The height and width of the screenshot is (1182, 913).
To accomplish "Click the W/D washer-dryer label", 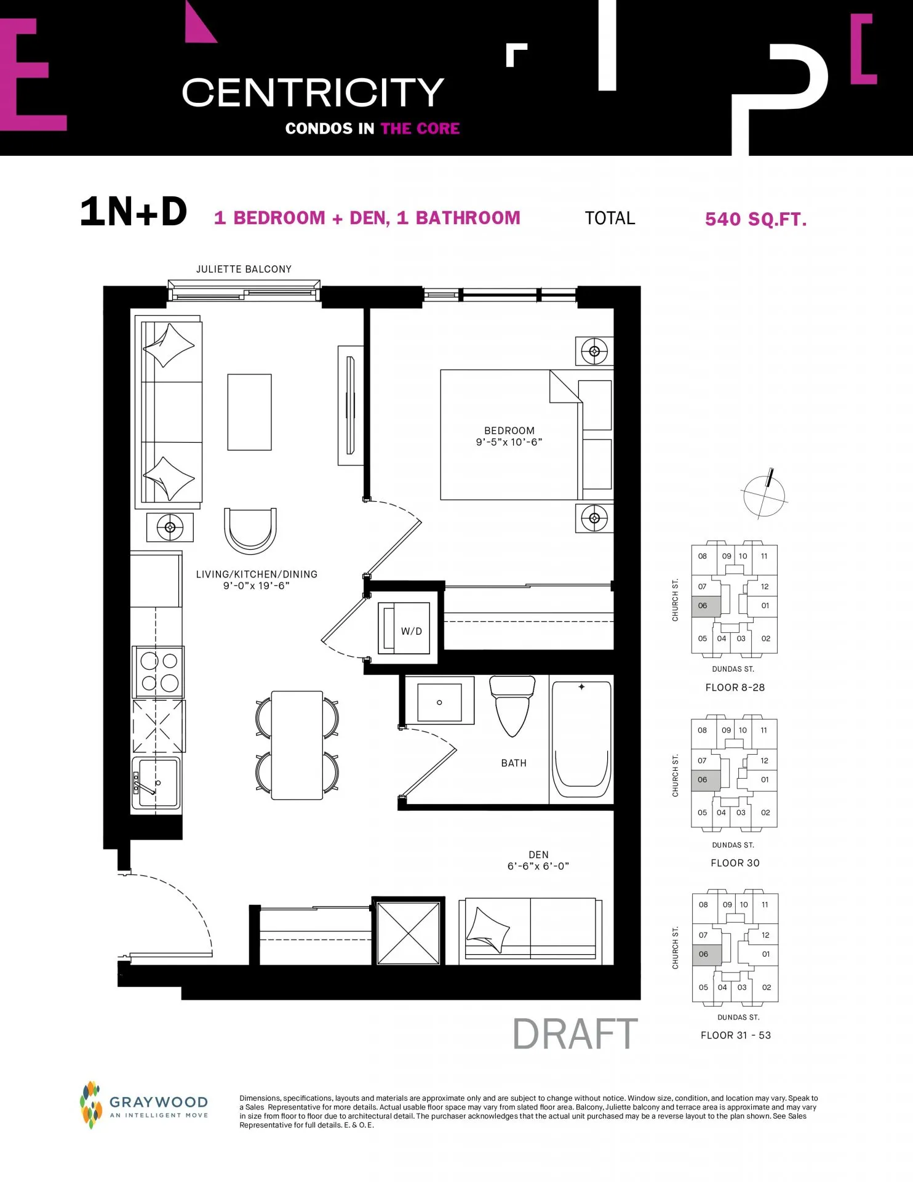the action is pos(412,631).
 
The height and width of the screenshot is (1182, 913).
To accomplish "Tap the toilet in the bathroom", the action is pos(511,706).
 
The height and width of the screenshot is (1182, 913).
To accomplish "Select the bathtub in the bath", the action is pos(581,739).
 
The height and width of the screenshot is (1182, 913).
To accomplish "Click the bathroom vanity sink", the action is pos(439,702).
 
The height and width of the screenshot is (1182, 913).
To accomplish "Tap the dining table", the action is pos(297,745).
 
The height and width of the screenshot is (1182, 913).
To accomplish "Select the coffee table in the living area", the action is pos(249,412).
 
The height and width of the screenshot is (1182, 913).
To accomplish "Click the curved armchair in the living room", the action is pos(250,531).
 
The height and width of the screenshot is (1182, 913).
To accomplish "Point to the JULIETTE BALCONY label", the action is pos(244,269).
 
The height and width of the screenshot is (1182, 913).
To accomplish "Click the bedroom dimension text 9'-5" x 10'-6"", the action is pos(509,442).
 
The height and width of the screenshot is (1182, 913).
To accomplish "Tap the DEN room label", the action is pos(538,854).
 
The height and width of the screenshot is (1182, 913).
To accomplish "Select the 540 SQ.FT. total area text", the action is pos(756,219).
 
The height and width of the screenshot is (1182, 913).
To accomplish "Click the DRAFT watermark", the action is pos(575,1034).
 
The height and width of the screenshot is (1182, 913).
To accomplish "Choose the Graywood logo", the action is pos(144,1106).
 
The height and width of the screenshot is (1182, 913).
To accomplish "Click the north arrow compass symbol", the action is pos(765,494).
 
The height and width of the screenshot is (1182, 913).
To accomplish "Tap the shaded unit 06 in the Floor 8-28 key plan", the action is pos(706,607).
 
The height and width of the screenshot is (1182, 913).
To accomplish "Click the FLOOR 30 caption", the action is pos(735,863).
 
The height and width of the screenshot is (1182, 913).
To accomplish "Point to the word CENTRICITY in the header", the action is pos(313,92).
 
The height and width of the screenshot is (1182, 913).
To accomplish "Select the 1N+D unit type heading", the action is pos(134,212).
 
